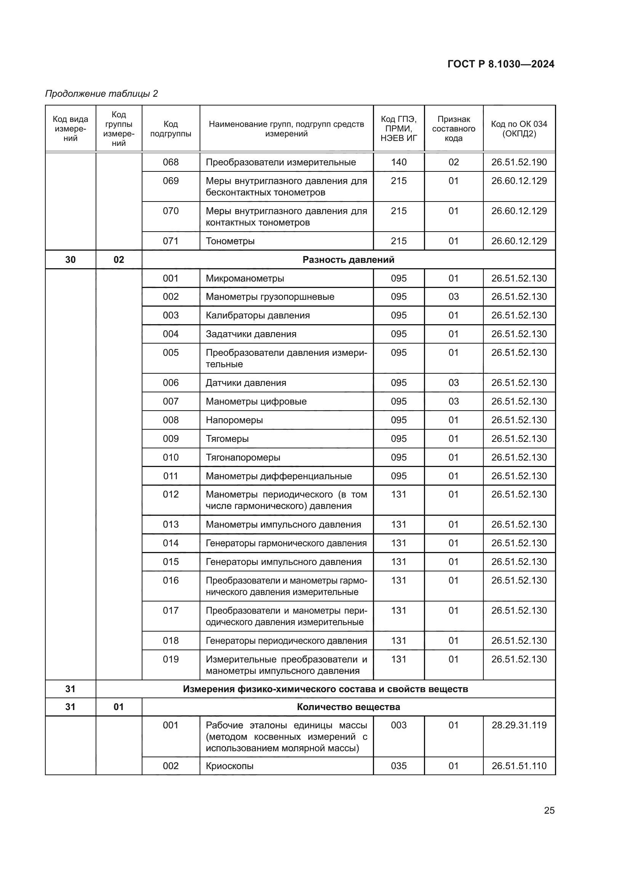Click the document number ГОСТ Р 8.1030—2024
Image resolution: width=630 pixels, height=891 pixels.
point(500,64)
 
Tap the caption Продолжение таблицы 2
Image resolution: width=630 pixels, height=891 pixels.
point(102,94)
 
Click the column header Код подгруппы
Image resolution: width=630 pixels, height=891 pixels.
point(171,129)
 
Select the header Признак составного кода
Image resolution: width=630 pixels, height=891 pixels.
point(454,129)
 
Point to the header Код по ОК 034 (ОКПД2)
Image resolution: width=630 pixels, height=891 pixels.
point(519,129)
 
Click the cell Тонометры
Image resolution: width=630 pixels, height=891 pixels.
point(230,241)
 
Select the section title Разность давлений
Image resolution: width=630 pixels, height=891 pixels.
point(348,260)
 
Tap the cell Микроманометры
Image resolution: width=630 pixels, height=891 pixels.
point(245,278)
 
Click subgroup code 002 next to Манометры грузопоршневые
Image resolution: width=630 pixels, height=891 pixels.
point(171,297)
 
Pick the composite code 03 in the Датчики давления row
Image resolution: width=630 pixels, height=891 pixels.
point(454,382)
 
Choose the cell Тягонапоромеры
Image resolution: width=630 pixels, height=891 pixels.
point(243,457)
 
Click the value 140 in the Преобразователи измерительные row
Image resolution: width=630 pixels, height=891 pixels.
point(399,162)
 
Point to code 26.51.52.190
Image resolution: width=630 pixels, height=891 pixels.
point(519,162)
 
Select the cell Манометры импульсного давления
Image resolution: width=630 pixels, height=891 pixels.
point(283,524)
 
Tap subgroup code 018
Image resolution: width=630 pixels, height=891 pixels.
point(171,640)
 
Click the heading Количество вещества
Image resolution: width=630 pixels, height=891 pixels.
point(348,707)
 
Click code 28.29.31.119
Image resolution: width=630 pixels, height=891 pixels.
point(519,725)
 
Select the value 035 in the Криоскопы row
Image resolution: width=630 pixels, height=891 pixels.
point(399,766)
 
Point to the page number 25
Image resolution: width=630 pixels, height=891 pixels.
point(549,810)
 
